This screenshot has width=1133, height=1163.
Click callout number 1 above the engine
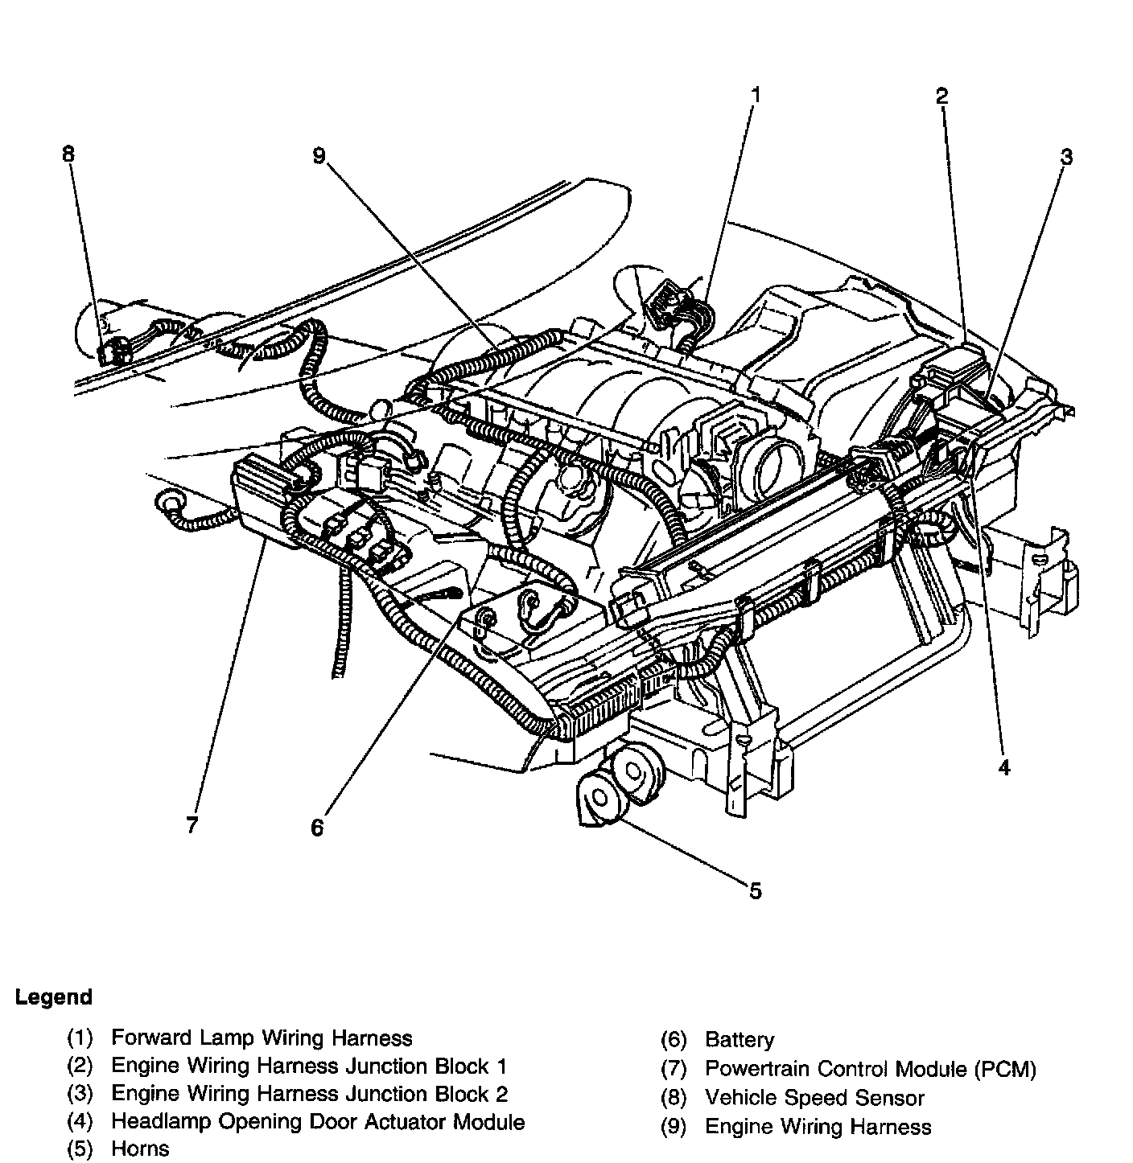pos(755,95)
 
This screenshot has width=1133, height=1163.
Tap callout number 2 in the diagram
pos(941,97)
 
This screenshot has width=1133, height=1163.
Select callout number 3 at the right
pos(1065,156)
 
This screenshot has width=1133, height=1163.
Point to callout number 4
pos(1003,768)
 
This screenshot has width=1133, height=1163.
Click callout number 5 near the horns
pos(754,890)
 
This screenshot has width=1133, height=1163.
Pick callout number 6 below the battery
pos(317,828)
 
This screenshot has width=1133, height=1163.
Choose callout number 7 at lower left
pos(192,825)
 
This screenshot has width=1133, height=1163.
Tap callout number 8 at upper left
pos(68,152)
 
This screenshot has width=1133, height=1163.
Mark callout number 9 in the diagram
pos(319,155)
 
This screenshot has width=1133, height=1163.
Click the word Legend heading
pos(54,997)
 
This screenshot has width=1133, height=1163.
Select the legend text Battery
pos(739,1039)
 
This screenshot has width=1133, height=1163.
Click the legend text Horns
pos(140,1148)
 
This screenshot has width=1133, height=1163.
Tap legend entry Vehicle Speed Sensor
pos(814,1098)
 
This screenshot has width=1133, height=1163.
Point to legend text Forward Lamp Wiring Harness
pos(262,1038)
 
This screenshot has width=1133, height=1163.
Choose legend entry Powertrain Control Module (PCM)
pos(870,1069)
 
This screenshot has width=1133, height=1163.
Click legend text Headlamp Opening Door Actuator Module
pos(318,1121)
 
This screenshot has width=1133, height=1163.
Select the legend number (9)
pos(674,1127)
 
